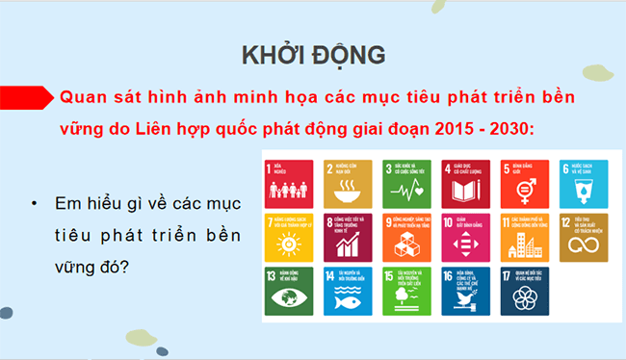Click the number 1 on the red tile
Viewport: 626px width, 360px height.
269,166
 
